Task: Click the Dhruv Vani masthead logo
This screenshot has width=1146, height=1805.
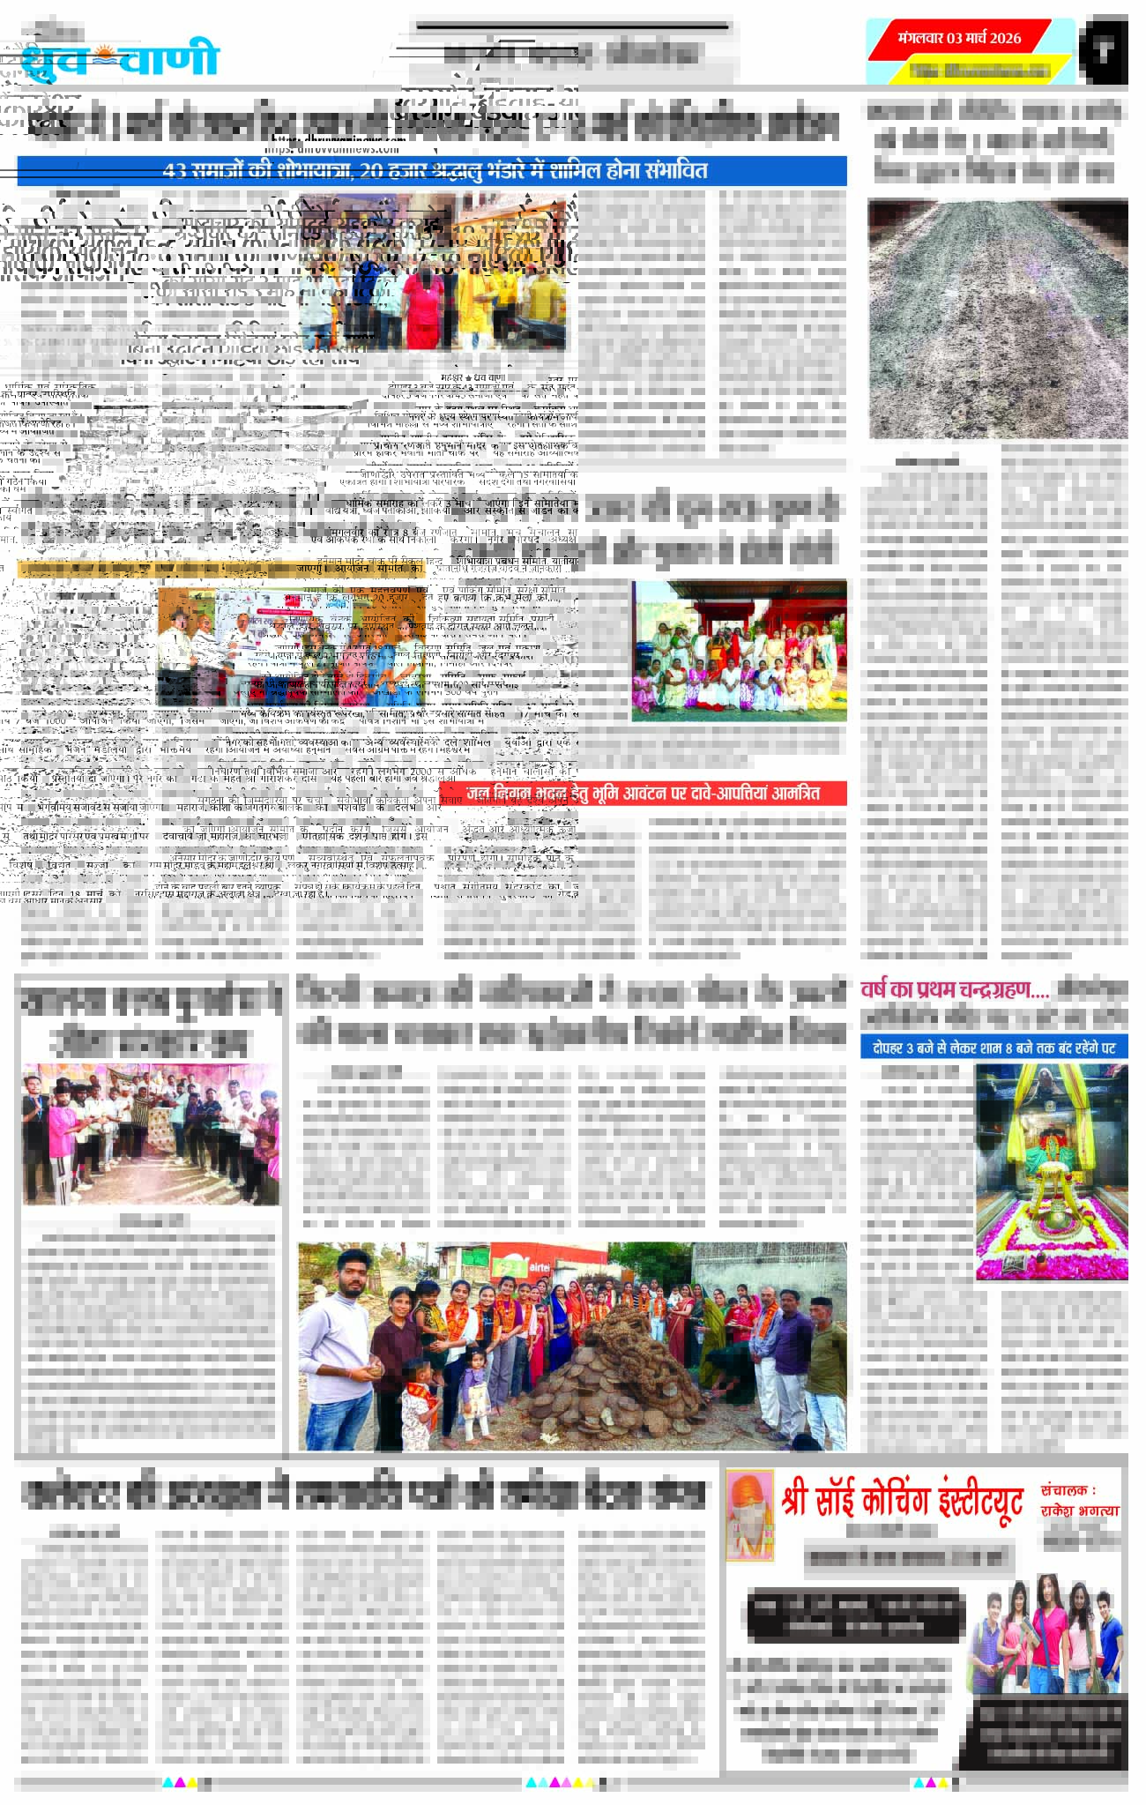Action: click(119, 57)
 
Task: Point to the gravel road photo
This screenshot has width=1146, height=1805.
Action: click(997, 318)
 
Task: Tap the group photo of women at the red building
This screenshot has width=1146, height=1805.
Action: click(739, 651)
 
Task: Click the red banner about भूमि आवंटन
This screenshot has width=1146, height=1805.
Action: click(654, 793)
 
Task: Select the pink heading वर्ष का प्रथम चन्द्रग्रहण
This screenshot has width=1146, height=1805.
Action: click(954, 990)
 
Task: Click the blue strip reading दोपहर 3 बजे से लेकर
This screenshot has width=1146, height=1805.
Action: click(993, 1048)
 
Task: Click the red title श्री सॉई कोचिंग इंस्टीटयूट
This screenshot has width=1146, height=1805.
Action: click(901, 1501)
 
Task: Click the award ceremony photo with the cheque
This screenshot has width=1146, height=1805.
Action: click(290, 647)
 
